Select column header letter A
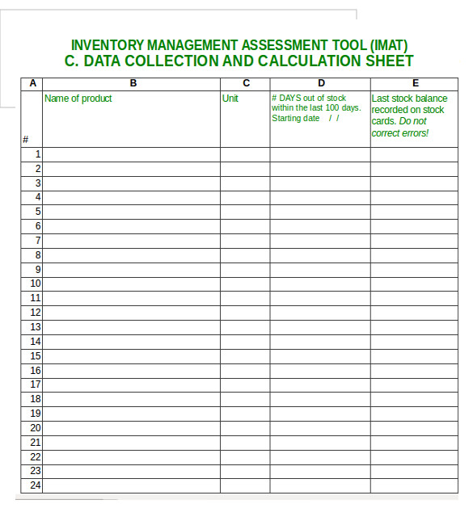click(32, 83)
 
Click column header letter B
click(133, 83)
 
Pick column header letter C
click(246, 83)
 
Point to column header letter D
click(321, 83)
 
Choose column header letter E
click(415, 83)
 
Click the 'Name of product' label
click(78, 99)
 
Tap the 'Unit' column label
click(230, 99)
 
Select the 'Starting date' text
click(296, 119)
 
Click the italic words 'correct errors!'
click(400, 132)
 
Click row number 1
click(37, 154)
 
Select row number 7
click(37, 241)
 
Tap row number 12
click(36, 313)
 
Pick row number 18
click(36, 399)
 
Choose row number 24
click(36, 485)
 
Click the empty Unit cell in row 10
click(246, 283)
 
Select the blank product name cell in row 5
click(132, 212)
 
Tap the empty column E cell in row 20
click(415, 428)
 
